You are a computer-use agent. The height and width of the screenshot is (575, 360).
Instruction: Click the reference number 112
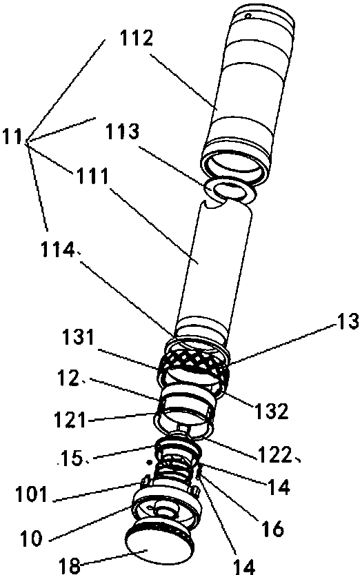pyautogui.click(x=136, y=39)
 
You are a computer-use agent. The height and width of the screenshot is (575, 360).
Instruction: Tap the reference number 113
pyautogui.click(x=123, y=132)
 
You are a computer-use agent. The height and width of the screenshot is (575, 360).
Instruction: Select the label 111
pyautogui.click(x=92, y=176)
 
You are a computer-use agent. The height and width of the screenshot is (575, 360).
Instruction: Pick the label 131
pyautogui.click(x=77, y=338)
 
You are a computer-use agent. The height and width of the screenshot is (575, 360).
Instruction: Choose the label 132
pyautogui.click(x=271, y=412)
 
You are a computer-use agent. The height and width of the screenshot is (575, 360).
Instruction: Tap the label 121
pyautogui.click(x=70, y=420)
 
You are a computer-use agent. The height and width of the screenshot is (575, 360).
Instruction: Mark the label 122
pyautogui.click(x=274, y=456)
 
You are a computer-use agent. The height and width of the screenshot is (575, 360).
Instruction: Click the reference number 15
pyautogui.click(x=73, y=458)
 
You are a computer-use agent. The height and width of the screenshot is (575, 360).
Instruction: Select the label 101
pyautogui.click(x=31, y=495)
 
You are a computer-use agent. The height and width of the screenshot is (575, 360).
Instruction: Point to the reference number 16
pyautogui.click(x=272, y=529)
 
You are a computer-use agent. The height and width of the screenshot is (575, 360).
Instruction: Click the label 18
pyautogui.click(x=69, y=565)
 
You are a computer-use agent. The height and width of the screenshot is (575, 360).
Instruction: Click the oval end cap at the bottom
pyautogui.click(x=157, y=548)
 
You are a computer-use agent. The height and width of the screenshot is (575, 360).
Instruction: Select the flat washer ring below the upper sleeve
pyautogui.click(x=230, y=191)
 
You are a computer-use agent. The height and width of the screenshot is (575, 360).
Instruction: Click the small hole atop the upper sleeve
pyautogui.click(x=248, y=16)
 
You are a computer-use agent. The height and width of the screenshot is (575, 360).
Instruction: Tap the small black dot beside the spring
pyautogui.click(x=149, y=463)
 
